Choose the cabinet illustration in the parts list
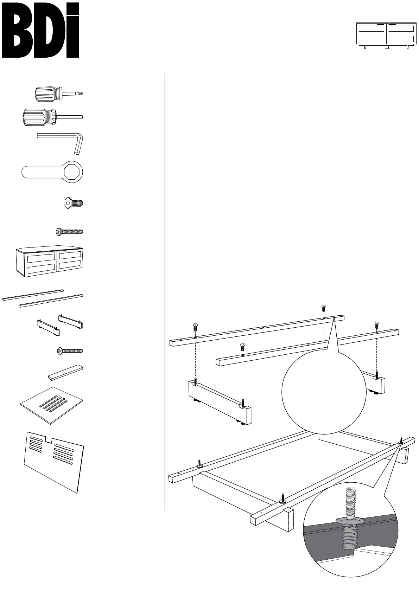tap(50, 261)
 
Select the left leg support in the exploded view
tap(220, 402)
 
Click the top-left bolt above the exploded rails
tap(195, 327)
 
